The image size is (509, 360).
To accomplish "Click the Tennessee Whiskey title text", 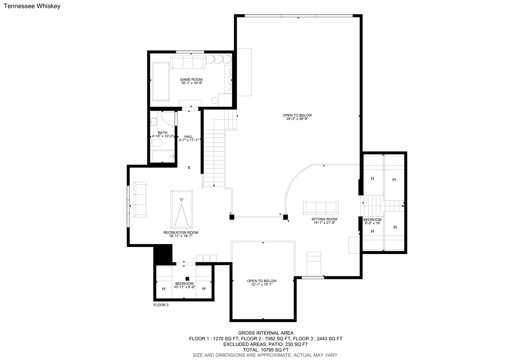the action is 32,6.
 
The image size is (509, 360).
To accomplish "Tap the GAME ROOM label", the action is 191,80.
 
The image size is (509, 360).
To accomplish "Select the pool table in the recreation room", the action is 182,209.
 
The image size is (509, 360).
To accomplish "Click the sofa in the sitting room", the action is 321,208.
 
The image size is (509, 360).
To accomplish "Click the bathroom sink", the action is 153,122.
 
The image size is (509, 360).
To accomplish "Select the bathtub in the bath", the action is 163,156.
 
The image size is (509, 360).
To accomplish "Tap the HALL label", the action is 189,137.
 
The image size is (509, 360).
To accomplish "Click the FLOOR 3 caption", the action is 161,305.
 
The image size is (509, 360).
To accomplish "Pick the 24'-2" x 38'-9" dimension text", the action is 297,119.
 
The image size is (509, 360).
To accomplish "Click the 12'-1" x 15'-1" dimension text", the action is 262,284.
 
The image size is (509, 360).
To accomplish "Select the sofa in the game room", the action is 188,62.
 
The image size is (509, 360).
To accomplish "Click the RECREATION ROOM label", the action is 181,233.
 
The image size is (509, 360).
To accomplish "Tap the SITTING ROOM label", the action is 324,219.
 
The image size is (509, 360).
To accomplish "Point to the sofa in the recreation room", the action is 140,199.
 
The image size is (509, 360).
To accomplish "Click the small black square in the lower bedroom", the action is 187,279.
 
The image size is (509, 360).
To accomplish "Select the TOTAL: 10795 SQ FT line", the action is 266,350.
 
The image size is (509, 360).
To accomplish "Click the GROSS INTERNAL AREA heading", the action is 265,333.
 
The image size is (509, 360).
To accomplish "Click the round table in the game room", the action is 215,101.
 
